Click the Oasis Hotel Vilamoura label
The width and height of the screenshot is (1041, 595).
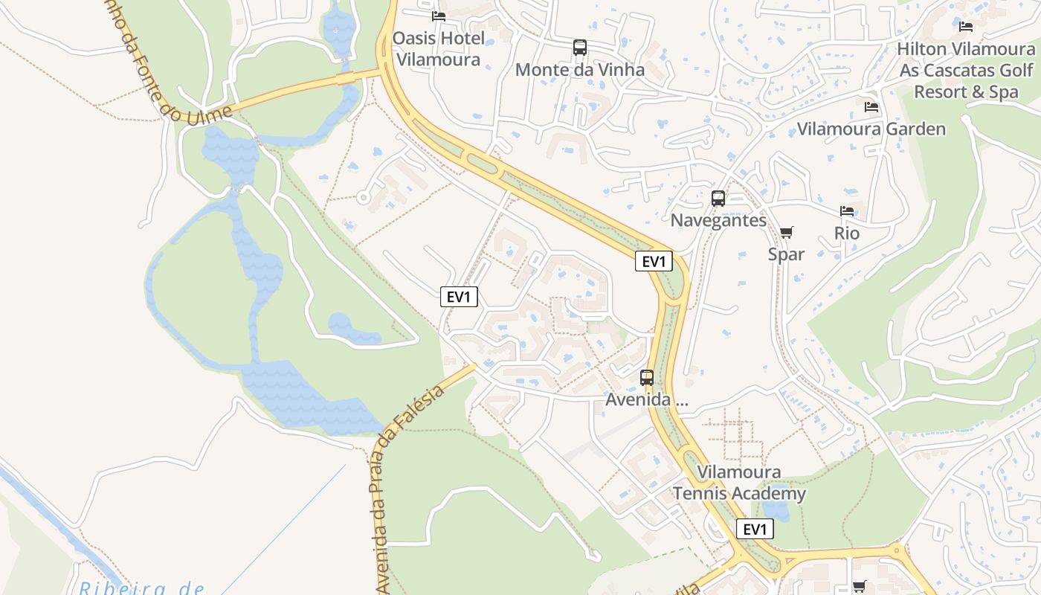(438, 48)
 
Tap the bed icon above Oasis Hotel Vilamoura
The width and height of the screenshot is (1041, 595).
(439, 16)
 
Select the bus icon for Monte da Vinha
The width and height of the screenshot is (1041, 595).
(580, 48)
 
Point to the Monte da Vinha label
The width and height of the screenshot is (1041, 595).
(580, 70)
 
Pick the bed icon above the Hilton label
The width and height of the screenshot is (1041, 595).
(966, 27)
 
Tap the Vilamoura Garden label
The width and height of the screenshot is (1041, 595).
(871, 129)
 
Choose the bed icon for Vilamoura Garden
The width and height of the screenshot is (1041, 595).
(871, 107)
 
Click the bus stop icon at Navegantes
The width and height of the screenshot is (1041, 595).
(718, 199)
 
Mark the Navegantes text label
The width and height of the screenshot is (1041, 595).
(718, 220)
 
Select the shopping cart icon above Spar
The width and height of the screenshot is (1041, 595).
(786, 232)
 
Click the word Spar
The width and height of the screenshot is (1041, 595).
(786, 254)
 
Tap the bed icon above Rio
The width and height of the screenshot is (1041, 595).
(847, 211)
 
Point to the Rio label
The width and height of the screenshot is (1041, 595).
(847, 234)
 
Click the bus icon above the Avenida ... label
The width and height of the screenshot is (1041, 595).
(647, 378)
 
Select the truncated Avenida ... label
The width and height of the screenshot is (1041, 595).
(647, 400)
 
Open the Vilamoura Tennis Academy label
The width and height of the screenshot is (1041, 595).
(739, 483)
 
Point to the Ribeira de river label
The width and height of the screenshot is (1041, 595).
(141, 588)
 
